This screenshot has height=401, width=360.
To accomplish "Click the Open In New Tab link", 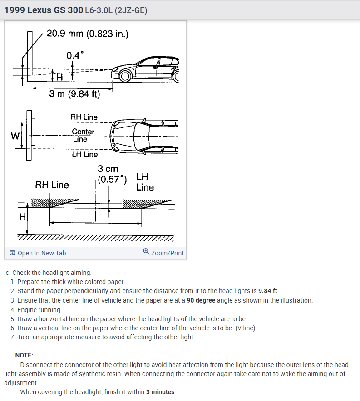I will [x=41, y=253].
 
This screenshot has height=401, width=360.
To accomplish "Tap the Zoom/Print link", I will [x=167, y=253].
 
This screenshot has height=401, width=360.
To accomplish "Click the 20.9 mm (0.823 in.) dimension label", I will [x=88, y=34].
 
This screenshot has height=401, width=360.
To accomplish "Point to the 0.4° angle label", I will [x=75, y=55].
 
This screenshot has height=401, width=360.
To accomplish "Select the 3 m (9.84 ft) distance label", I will [x=74, y=94].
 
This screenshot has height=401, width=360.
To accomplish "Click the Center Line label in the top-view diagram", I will [x=83, y=135].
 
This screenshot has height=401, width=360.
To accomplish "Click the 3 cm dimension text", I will [x=108, y=169].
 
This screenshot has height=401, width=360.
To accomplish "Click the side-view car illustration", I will [x=147, y=69].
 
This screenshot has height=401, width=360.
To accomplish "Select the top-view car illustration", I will [x=145, y=135].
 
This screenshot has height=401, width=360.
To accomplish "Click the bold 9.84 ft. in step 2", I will [x=268, y=291].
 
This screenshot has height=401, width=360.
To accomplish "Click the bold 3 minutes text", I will [x=160, y=392].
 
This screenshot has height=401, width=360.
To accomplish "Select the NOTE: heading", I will [x=24, y=355].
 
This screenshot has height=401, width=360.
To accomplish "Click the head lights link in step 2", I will [x=234, y=291].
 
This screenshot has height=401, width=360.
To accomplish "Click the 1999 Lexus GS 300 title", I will [x=43, y=10].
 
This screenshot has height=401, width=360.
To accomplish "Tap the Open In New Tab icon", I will [x=12, y=253].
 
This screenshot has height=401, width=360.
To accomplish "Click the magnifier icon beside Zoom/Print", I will [x=146, y=252].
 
